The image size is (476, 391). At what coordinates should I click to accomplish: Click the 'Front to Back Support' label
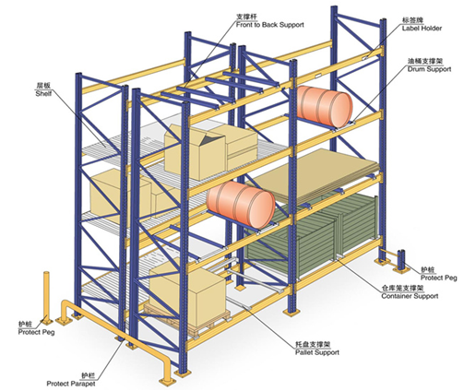coord(269,25)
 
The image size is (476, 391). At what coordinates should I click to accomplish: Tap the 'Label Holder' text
coord(422,29)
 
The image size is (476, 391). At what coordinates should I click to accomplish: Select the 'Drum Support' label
coord(429,69)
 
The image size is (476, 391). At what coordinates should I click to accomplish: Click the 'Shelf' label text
coord(43,93)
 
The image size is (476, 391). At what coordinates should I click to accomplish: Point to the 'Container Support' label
coord(410,296)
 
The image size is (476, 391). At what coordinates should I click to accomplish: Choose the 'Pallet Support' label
coord(317,352)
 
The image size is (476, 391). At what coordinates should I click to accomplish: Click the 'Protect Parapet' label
coord(71,384)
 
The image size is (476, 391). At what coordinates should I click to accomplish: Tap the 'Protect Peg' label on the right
coord(439,278)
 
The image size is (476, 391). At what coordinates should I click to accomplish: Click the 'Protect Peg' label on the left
coord(36,332)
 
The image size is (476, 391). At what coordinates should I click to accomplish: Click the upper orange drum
coord(324,106)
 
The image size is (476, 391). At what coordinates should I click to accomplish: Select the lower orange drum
coord(241,205)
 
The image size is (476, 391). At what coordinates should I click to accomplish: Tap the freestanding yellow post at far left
coord(46,298)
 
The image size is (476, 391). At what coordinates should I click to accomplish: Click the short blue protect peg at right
coord(401,260)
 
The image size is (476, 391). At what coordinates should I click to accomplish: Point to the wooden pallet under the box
coord(187,320)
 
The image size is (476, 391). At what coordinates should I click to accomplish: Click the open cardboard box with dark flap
coord(195,152)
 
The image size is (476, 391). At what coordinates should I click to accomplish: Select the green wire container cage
coord(312,237)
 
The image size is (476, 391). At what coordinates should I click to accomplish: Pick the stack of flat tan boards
coord(316,175)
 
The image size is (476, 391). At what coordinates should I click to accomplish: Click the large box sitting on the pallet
coord(187,293)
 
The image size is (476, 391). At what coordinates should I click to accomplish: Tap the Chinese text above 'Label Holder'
coord(412,20)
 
